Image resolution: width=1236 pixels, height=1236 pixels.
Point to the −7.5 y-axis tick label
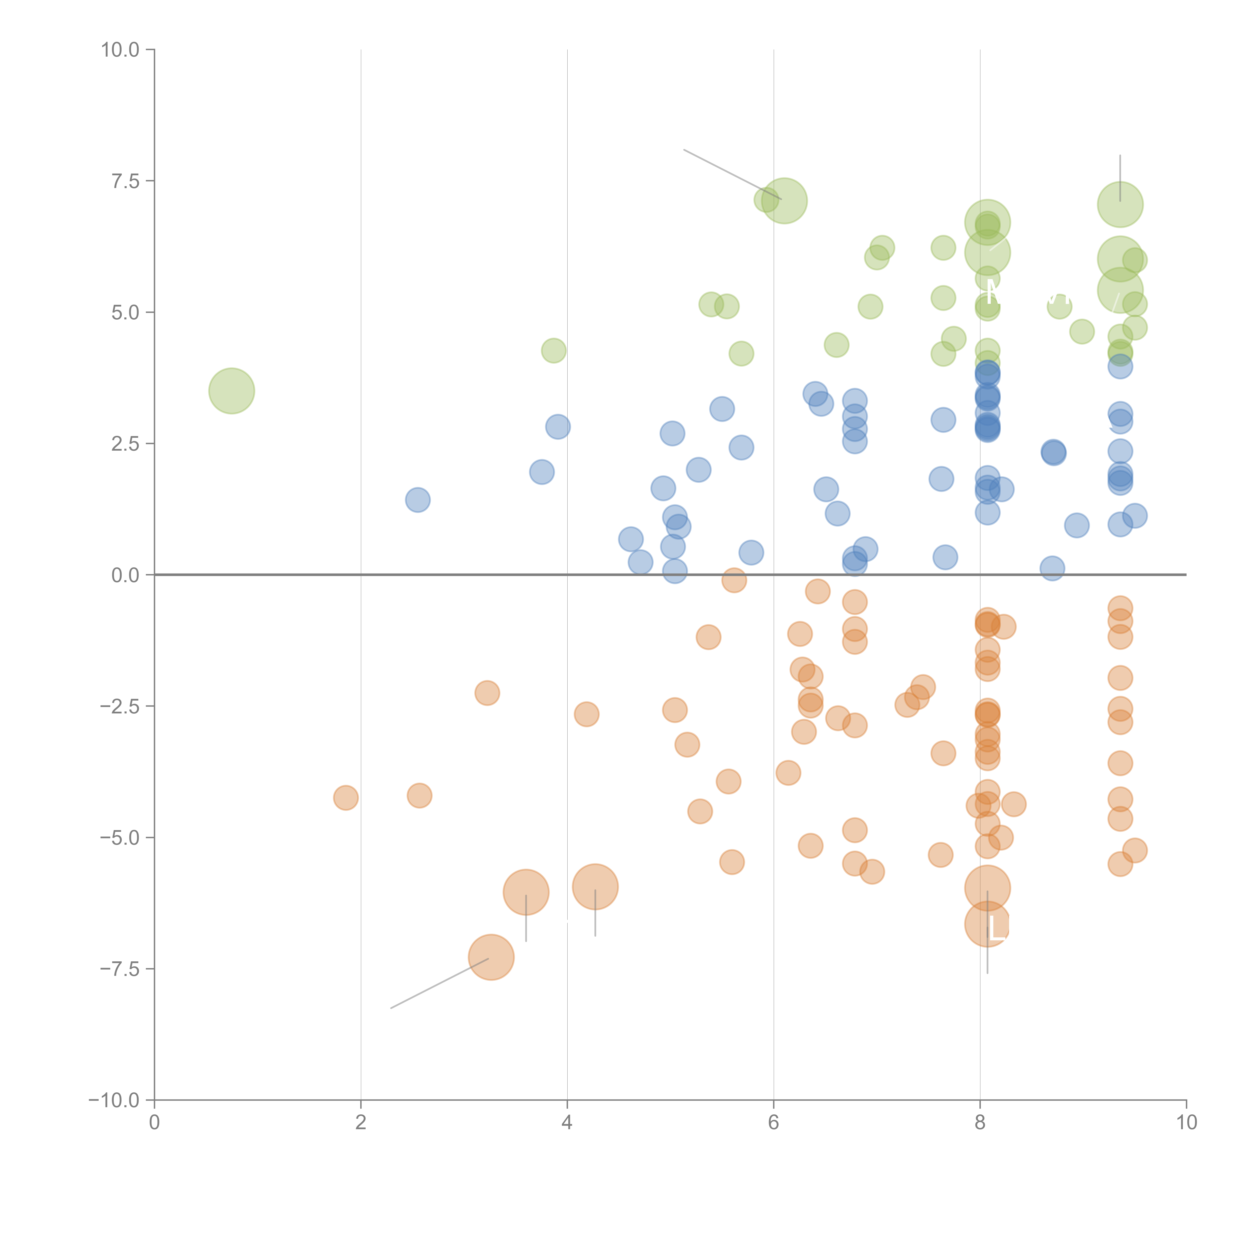click(x=120, y=969)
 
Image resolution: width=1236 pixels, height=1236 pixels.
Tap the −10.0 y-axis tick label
click(x=114, y=1100)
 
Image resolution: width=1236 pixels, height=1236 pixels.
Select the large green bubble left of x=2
click(x=232, y=391)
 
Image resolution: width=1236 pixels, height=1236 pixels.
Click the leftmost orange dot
click(x=346, y=798)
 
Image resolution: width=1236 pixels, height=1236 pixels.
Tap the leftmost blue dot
click(x=418, y=500)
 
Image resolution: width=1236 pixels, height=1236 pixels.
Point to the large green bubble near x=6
click(x=784, y=201)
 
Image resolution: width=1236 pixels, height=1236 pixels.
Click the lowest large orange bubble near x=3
click(x=491, y=957)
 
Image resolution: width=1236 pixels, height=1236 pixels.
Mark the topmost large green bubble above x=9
click(x=1120, y=205)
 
